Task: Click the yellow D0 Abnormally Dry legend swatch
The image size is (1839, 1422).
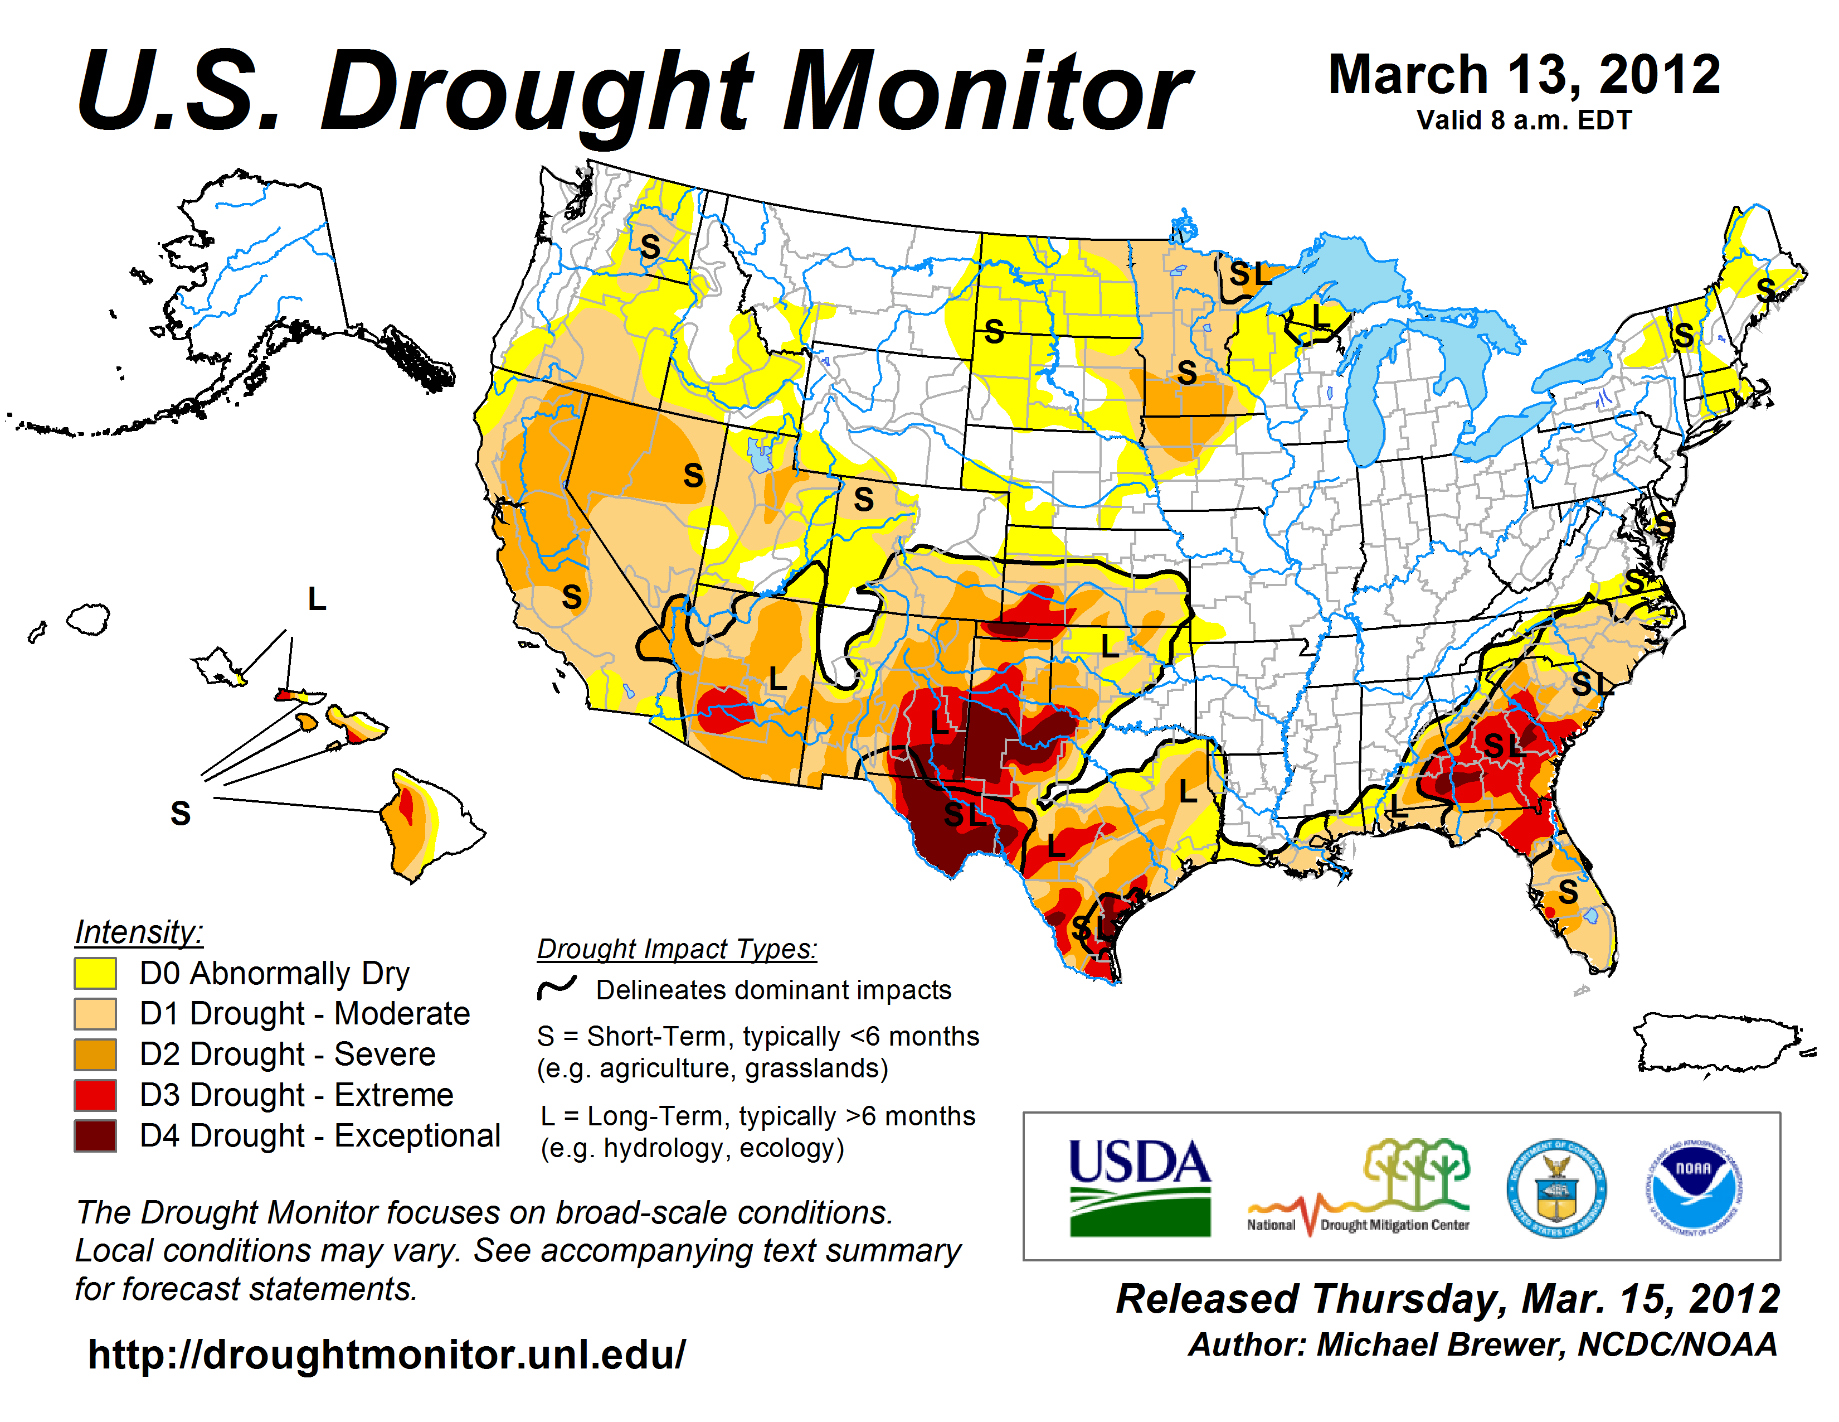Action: click(x=95, y=973)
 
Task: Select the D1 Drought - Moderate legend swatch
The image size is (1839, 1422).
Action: click(x=95, y=1013)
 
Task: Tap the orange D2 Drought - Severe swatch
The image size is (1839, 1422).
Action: click(x=95, y=1054)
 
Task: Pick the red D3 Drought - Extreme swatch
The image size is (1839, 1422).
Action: click(x=95, y=1094)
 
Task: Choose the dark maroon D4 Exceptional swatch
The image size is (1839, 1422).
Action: click(x=95, y=1135)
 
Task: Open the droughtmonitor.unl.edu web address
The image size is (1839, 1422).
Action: click(x=387, y=1355)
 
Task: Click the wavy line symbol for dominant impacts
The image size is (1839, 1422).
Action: click(x=557, y=987)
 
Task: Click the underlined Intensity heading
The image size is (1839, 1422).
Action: click(x=139, y=932)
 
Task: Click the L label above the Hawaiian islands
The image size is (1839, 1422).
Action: click(x=317, y=599)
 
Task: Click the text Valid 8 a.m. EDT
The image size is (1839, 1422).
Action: click(x=1524, y=120)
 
